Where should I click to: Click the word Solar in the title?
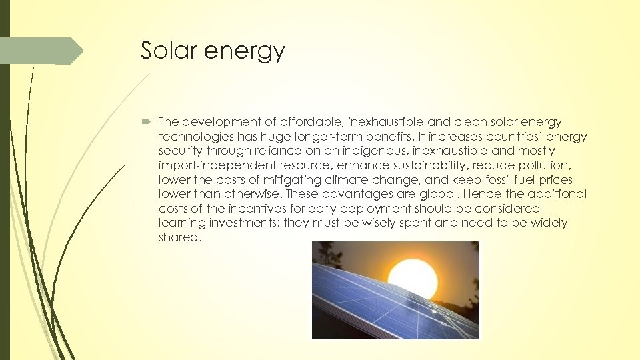[x=169, y=51]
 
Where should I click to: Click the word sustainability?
[x=414, y=166]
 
